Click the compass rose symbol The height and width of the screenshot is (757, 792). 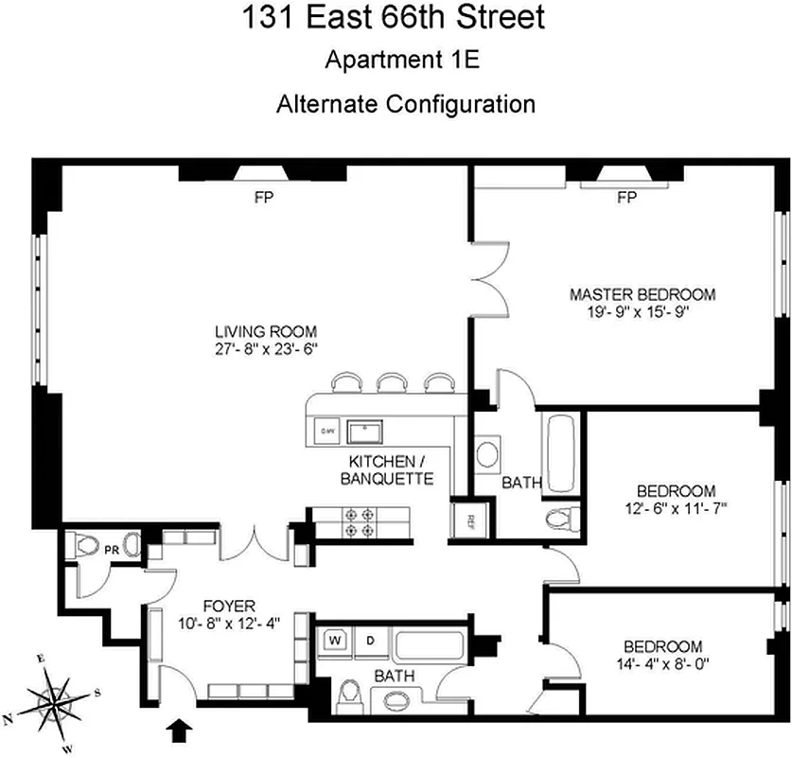click(55, 700)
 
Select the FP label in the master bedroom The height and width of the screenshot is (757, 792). click(625, 198)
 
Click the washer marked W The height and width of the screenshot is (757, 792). click(333, 640)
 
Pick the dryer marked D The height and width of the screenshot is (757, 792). click(370, 640)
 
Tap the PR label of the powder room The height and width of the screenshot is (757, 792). click(111, 546)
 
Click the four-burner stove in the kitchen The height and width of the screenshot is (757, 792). click(361, 521)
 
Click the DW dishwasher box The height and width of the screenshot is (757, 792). click(327, 431)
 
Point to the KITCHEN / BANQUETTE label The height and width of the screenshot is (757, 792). click(390, 469)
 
